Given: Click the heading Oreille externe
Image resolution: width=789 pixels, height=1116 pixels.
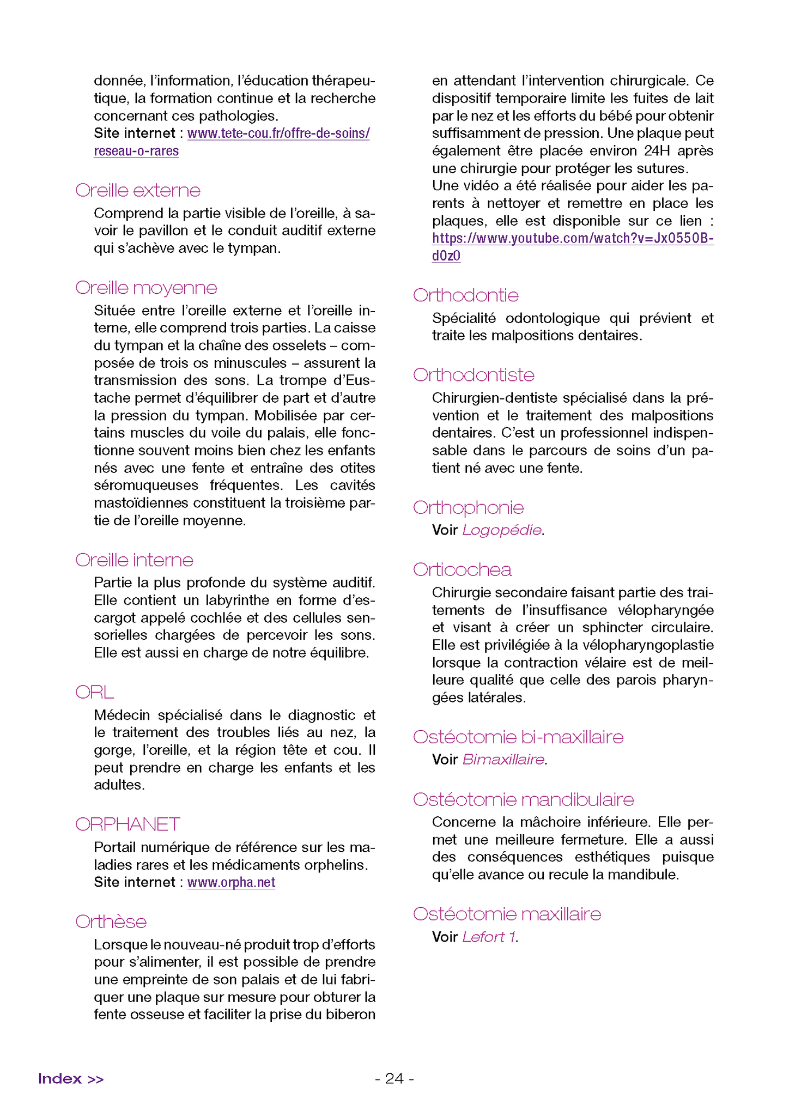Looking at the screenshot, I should tap(138, 190).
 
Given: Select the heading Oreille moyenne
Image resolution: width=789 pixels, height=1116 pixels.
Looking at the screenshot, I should tap(146, 288).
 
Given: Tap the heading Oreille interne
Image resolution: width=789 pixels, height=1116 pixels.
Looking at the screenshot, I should tap(134, 560).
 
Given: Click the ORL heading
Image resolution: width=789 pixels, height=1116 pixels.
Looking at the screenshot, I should tap(94, 692).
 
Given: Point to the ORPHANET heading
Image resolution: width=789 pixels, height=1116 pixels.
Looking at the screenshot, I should tap(128, 824).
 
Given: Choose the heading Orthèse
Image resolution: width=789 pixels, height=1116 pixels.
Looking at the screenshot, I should tap(111, 921).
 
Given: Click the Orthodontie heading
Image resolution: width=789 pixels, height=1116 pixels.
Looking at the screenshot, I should tap(465, 295).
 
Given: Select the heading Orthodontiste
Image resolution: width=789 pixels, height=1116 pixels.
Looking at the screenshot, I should tap(474, 375).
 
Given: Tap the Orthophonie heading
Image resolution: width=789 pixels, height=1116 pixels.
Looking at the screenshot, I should tap(468, 507).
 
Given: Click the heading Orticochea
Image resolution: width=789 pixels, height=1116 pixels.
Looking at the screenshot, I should tap(462, 569).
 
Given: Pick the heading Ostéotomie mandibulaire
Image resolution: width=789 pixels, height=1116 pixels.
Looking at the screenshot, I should tap(523, 799).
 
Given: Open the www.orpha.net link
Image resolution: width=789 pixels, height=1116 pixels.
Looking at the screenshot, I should tap(231, 882).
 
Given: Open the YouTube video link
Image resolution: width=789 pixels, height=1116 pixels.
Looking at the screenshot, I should tap(572, 239).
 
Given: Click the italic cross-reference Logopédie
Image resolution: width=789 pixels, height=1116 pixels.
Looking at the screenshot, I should tap(501, 530).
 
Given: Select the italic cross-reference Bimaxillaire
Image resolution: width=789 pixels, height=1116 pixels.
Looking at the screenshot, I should tap(503, 760).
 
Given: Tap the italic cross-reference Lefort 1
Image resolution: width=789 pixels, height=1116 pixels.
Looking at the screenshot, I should tap(489, 937).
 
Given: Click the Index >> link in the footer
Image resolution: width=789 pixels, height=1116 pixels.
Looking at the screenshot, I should tap(71, 1078).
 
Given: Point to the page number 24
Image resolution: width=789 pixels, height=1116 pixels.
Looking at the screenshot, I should tap(394, 1078).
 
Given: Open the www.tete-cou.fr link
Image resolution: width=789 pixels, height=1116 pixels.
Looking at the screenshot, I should tap(278, 134).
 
